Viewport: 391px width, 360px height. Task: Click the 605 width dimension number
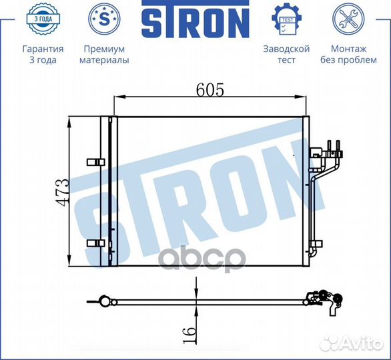(x=210, y=90)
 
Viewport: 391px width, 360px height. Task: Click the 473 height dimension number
(x=61, y=192)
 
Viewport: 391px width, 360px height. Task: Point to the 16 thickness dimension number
(x=189, y=335)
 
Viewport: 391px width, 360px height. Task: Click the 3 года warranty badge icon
(x=43, y=19)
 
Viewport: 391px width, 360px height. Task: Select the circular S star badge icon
(x=104, y=19)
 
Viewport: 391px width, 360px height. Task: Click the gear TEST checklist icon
(x=286, y=19)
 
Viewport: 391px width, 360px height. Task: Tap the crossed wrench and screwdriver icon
(x=348, y=19)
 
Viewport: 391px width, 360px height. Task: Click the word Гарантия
(x=43, y=49)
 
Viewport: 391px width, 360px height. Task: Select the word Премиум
(x=104, y=49)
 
